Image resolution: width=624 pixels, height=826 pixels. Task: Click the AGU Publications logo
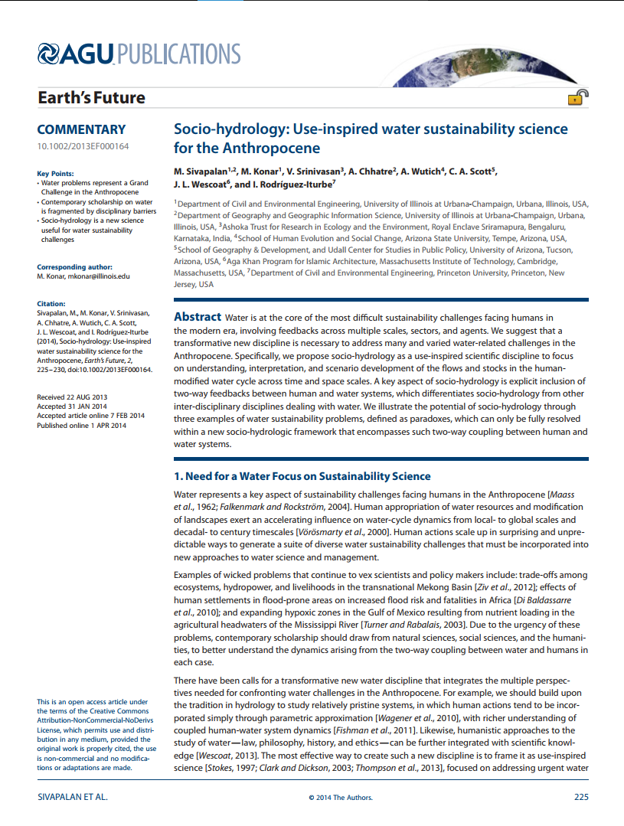coord(139,54)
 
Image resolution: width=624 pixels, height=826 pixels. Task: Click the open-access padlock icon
coord(577,97)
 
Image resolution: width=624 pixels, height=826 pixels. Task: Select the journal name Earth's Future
coord(91,98)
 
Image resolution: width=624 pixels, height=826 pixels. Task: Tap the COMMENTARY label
coord(81,130)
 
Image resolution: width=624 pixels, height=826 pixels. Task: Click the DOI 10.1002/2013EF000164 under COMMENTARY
coord(83,146)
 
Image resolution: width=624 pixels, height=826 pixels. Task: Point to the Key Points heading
coord(56,174)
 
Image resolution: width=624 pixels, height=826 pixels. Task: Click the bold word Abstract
coord(198,317)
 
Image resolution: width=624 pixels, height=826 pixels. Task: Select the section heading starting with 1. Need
coord(302,476)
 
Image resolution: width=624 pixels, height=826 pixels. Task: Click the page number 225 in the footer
coord(580,797)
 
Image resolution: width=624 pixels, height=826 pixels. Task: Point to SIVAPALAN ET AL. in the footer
coord(73,797)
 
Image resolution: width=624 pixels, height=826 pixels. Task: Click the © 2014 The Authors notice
coord(341,798)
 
